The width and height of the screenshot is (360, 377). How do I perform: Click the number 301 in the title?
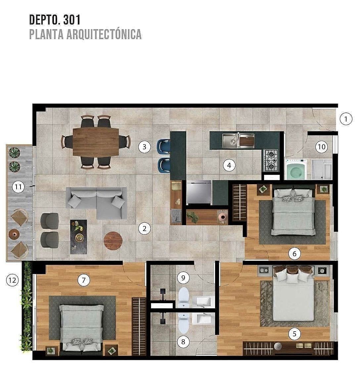[71, 20]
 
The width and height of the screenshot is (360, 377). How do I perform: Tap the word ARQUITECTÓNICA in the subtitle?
[104, 34]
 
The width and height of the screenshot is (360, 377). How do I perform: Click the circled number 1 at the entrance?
[346, 119]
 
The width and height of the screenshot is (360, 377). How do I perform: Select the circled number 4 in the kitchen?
[229, 165]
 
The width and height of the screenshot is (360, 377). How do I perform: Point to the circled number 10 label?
[322, 147]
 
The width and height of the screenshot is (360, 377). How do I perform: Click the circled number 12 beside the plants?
[12, 280]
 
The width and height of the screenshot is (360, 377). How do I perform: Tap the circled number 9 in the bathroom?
[183, 278]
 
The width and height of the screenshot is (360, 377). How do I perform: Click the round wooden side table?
[113, 241]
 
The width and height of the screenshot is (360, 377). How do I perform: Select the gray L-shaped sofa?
[97, 203]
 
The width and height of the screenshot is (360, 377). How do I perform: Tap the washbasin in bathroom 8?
[202, 318]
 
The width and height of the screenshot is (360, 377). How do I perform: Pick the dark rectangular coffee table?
[79, 237]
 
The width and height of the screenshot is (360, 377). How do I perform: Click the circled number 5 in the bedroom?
[294, 334]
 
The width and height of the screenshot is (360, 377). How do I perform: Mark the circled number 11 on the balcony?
[18, 187]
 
